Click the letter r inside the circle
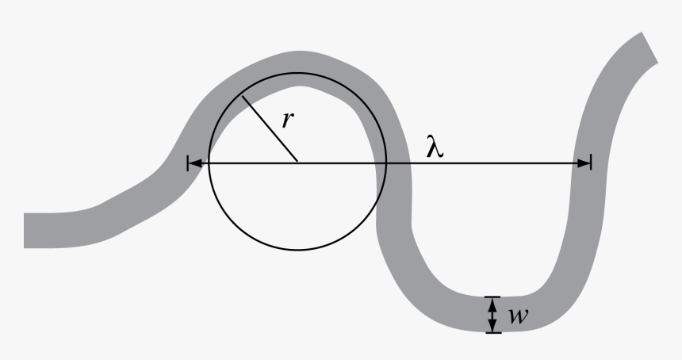tap(289, 120)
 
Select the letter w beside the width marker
tap(519, 316)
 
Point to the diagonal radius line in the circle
tap(270, 129)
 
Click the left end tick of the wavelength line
tap(188, 163)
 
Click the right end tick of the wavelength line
tap(591, 163)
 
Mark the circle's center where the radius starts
tap(297, 163)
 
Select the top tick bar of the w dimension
tap(493, 297)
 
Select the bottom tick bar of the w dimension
tap(493, 332)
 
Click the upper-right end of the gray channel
tap(646, 46)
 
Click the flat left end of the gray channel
tap(27, 230)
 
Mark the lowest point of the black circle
tap(297, 251)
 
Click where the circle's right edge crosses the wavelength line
tap(386, 163)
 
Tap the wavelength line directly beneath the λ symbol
tap(435, 163)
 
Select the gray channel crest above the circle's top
tap(297, 62)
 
